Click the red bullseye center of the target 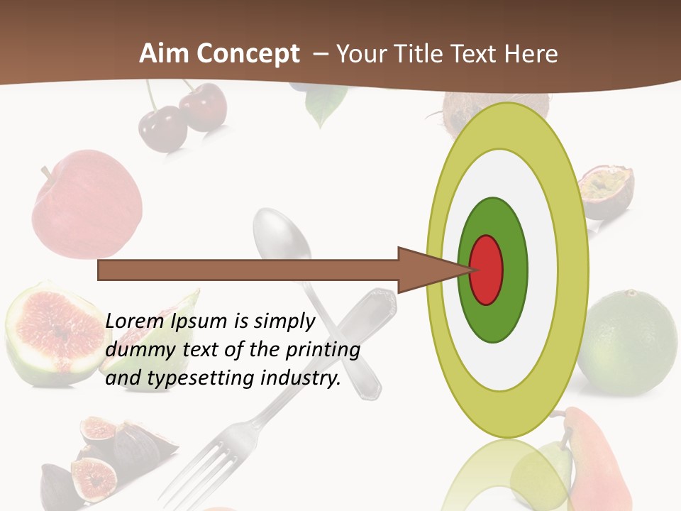click(487, 269)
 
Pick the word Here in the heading click(531, 54)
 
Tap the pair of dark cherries click(181, 117)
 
